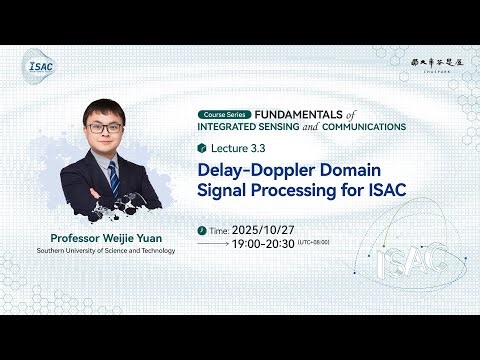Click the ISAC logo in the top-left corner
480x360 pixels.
40,67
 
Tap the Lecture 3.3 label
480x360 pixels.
237,148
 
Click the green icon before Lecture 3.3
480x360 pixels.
203,148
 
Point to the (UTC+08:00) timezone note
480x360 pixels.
314,243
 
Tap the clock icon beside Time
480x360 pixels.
204,229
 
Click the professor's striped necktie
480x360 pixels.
113,177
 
